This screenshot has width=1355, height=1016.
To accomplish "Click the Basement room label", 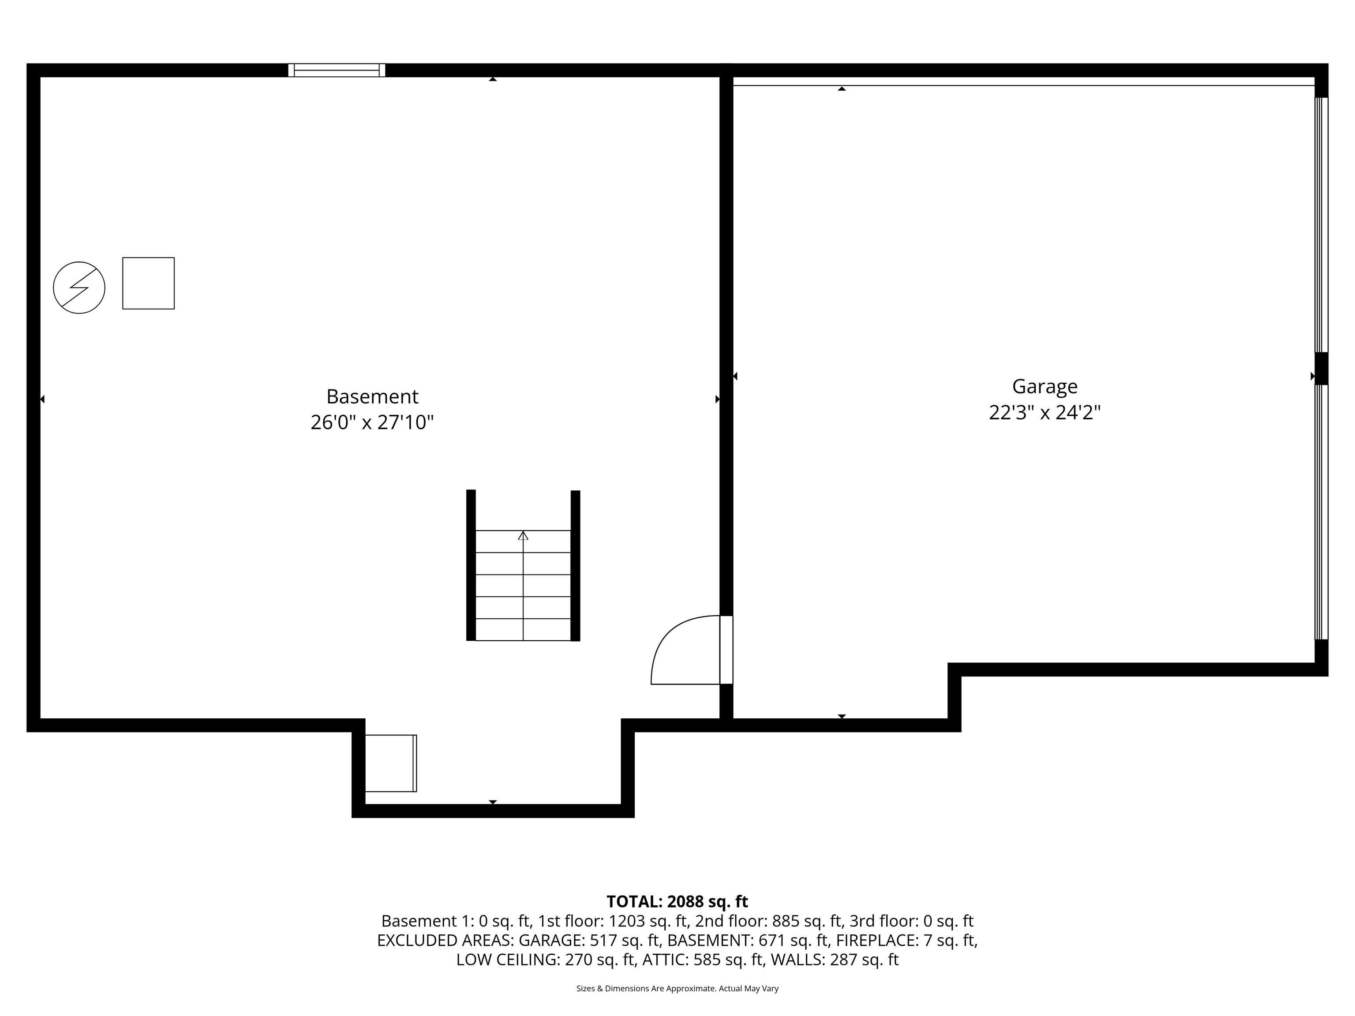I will pos(372,396).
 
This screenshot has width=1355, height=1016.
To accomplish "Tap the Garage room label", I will pos(1044,386).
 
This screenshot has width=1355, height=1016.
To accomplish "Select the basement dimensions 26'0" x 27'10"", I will pos(372,422).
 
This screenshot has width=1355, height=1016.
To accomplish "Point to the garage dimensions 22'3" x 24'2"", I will pos(1044,413).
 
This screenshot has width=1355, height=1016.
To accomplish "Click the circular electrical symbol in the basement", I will pos(79,288).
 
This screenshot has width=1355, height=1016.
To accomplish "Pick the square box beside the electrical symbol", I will pos(148,283).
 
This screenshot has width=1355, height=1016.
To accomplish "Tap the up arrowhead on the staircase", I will pos(523,536).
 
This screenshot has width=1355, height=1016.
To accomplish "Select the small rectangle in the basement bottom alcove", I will pos(390,763).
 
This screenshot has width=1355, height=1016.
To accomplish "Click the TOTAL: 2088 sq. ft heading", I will pos(677,901).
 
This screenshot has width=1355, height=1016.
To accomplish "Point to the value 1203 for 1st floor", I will pos(625,921).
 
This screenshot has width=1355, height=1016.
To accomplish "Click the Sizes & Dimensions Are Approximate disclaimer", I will pos(677,989).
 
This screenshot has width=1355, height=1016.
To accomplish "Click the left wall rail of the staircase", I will pos(471,565).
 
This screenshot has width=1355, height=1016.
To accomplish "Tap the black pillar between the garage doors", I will pos(1321,368).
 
